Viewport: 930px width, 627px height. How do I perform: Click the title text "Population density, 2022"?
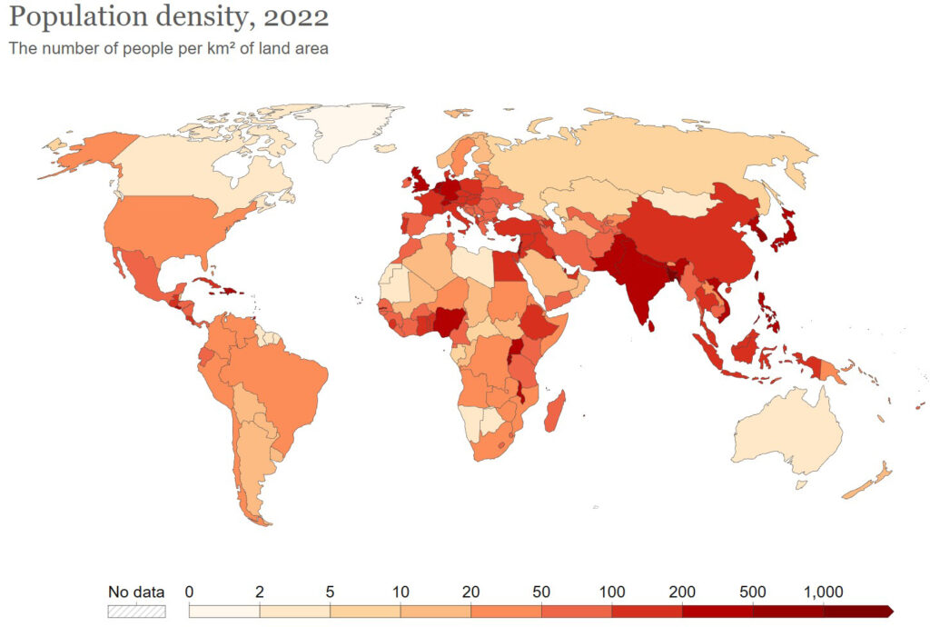pyautogui.click(x=169, y=17)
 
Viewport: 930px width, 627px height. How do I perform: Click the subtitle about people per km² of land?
pyautogui.click(x=168, y=48)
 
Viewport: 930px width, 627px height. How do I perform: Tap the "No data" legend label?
pyautogui.click(x=136, y=592)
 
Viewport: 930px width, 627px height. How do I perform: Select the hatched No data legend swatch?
pyautogui.click(x=136, y=612)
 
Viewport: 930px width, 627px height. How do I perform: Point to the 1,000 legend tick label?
pyautogui.click(x=825, y=592)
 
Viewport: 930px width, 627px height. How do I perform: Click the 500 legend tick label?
pyautogui.click(x=753, y=592)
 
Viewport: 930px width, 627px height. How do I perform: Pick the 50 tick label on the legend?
pyautogui.click(x=541, y=592)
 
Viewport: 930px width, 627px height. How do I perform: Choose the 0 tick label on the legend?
pyautogui.click(x=189, y=592)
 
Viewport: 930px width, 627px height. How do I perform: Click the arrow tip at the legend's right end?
pyautogui.click(x=890, y=612)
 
